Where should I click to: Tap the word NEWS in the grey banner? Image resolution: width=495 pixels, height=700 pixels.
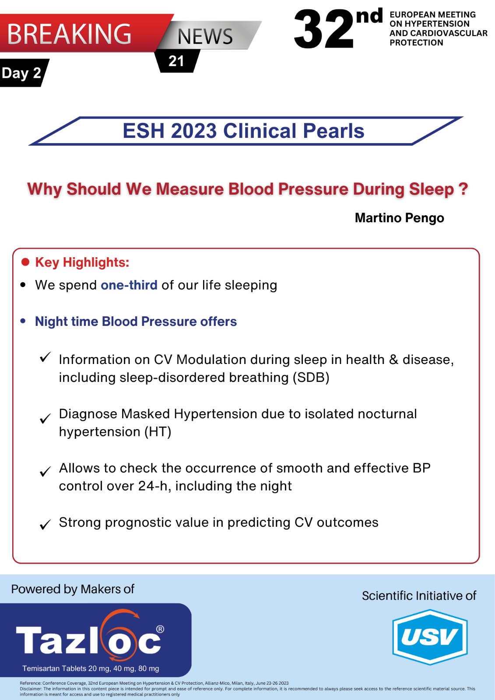[205, 36]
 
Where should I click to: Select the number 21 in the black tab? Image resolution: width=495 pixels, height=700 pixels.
[176, 61]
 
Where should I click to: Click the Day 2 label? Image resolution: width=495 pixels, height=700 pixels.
[21, 73]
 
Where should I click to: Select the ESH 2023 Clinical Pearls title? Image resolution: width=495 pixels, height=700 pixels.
[244, 131]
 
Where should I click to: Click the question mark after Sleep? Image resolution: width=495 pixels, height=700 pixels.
[463, 189]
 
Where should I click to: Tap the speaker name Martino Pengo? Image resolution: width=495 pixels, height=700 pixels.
[399, 218]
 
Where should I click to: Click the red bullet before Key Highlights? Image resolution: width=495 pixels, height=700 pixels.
[25, 262]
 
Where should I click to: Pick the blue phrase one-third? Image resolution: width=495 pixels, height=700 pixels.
[129, 285]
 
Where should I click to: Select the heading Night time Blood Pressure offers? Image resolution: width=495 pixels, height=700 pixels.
[136, 321]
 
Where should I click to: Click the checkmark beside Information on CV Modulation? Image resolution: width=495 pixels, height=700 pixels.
[46, 357]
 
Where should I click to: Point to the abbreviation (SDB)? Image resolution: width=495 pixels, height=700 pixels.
[311, 378]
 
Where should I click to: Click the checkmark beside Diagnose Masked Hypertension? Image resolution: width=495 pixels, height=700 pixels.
[46, 418]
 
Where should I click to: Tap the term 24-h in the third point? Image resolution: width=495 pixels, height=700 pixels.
[155, 486]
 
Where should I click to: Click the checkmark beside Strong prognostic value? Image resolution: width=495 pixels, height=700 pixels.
[46, 525]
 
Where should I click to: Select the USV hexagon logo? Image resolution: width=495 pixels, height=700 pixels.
[430, 637]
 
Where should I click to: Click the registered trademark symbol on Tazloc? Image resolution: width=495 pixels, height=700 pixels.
[160, 629]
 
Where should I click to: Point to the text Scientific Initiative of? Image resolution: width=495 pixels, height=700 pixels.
[419, 595]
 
